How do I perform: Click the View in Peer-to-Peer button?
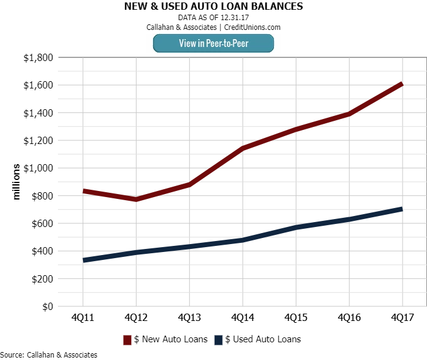pyautogui.click(x=213, y=43)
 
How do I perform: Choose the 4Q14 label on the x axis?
pyautogui.click(x=242, y=318)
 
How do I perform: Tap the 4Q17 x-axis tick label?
pyautogui.click(x=402, y=318)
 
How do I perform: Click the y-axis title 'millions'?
pyautogui.click(x=16, y=182)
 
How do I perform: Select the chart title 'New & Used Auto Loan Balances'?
pyautogui.click(x=213, y=7)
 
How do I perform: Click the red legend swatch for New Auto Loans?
pyautogui.click(x=128, y=340)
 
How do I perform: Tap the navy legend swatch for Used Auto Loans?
pyautogui.click(x=218, y=340)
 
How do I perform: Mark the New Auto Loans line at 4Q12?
pyautogui.click(x=136, y=199)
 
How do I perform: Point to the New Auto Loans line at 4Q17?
pyautogui.click(x=401, y=84)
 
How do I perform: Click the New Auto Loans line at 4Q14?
pyautogui.click(x=242, y=148)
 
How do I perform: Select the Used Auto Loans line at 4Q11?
pyautogui.click(x=84, y=260)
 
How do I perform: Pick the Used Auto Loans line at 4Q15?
pyautogui.click(x=295, y=228)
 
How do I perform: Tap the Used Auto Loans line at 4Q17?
pyautogui.click(x=401, y=209)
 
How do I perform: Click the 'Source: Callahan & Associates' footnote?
pyautogui.click(x=49, y=355)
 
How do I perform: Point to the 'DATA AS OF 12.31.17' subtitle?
pyautogui.click(x=213, y=18)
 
